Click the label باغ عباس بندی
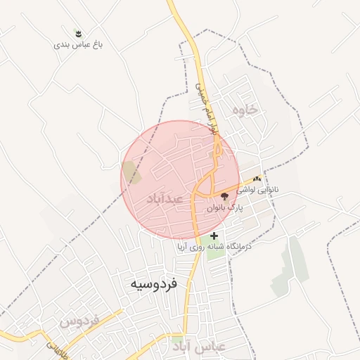[x=79, y=44]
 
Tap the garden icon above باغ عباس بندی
[x=79, y=33]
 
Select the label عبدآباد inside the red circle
[x=165, y=200]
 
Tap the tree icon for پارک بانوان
[x=224, y=197]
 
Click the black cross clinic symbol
[x=214, y=236]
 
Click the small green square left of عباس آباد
[x=176, y=340]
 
